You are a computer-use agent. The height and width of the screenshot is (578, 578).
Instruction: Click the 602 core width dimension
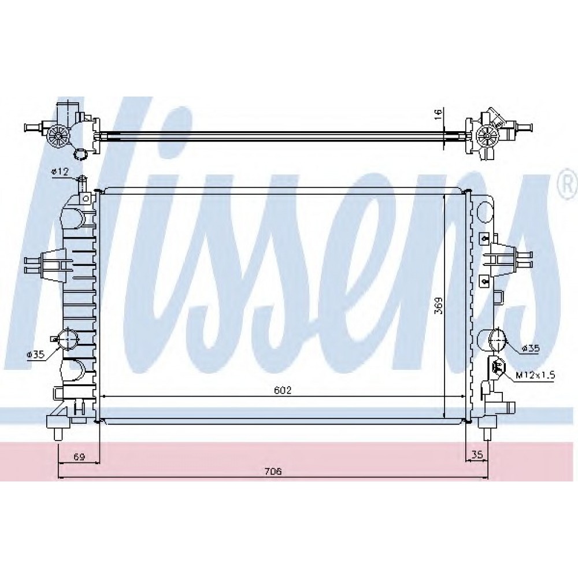point(283,390)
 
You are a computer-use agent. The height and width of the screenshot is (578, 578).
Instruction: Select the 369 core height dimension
point(439,306)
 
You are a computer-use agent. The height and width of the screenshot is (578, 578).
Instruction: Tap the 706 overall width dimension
point(273,471)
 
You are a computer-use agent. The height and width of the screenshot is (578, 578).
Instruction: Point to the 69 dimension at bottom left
point(79,457)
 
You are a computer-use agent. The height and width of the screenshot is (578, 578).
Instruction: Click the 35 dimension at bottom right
point(477,455)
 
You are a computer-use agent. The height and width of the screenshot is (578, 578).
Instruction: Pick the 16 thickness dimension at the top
point(438,114)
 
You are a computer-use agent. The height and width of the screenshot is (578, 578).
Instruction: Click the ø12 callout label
point(60,172)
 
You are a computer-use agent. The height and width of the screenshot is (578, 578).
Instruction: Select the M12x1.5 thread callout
point(535,376)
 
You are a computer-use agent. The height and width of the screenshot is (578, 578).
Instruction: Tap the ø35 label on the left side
point(35,355)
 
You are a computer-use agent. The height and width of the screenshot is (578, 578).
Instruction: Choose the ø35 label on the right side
point(531,348)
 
